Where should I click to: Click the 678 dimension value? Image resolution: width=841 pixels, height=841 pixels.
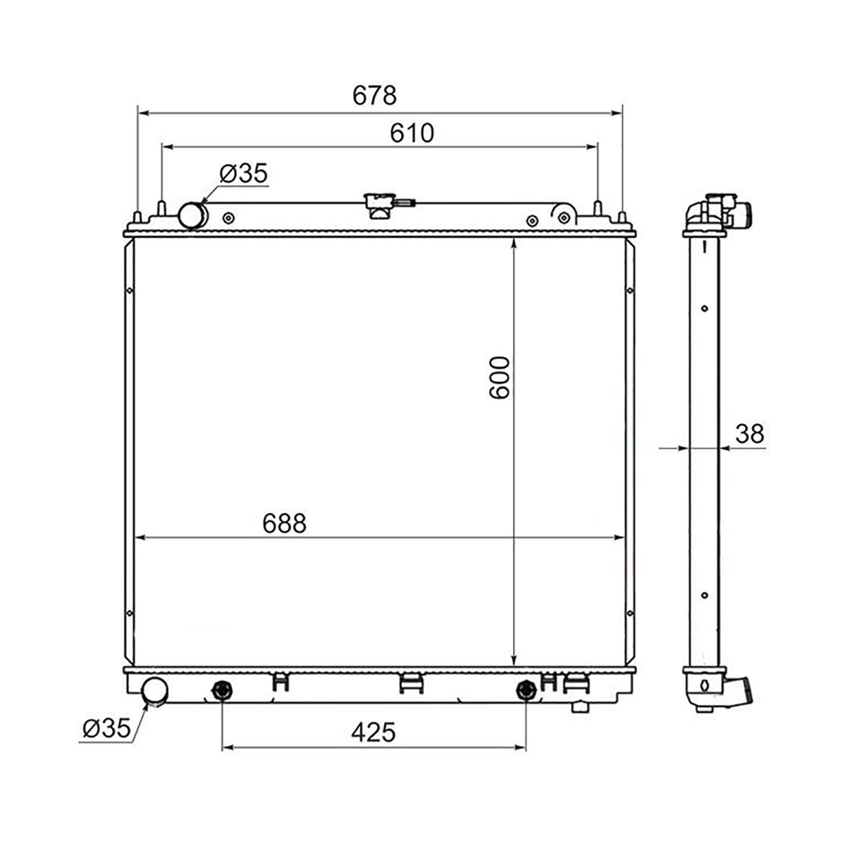click(374, 95)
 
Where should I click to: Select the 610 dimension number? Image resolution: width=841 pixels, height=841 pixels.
click(412, 132)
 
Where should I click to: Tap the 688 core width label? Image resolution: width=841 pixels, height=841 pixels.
click(285, 524)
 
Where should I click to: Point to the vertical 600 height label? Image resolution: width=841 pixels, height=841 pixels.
click(499, 378)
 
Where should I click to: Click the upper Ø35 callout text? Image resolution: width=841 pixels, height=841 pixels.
click(243, 173)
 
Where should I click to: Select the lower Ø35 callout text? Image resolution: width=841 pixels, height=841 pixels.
click(107, 727)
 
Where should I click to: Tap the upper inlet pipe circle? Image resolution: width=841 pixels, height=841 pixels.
click(193, 216)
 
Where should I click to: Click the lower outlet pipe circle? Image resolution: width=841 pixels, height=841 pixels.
click(155, 691)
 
